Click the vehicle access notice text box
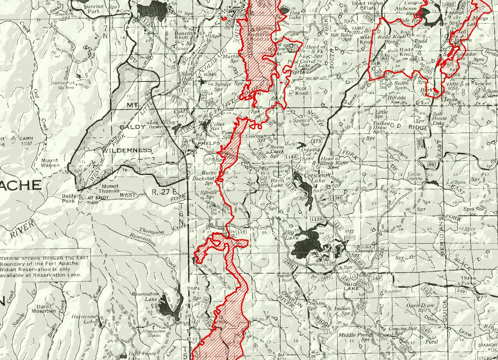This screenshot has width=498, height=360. [44, 266]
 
